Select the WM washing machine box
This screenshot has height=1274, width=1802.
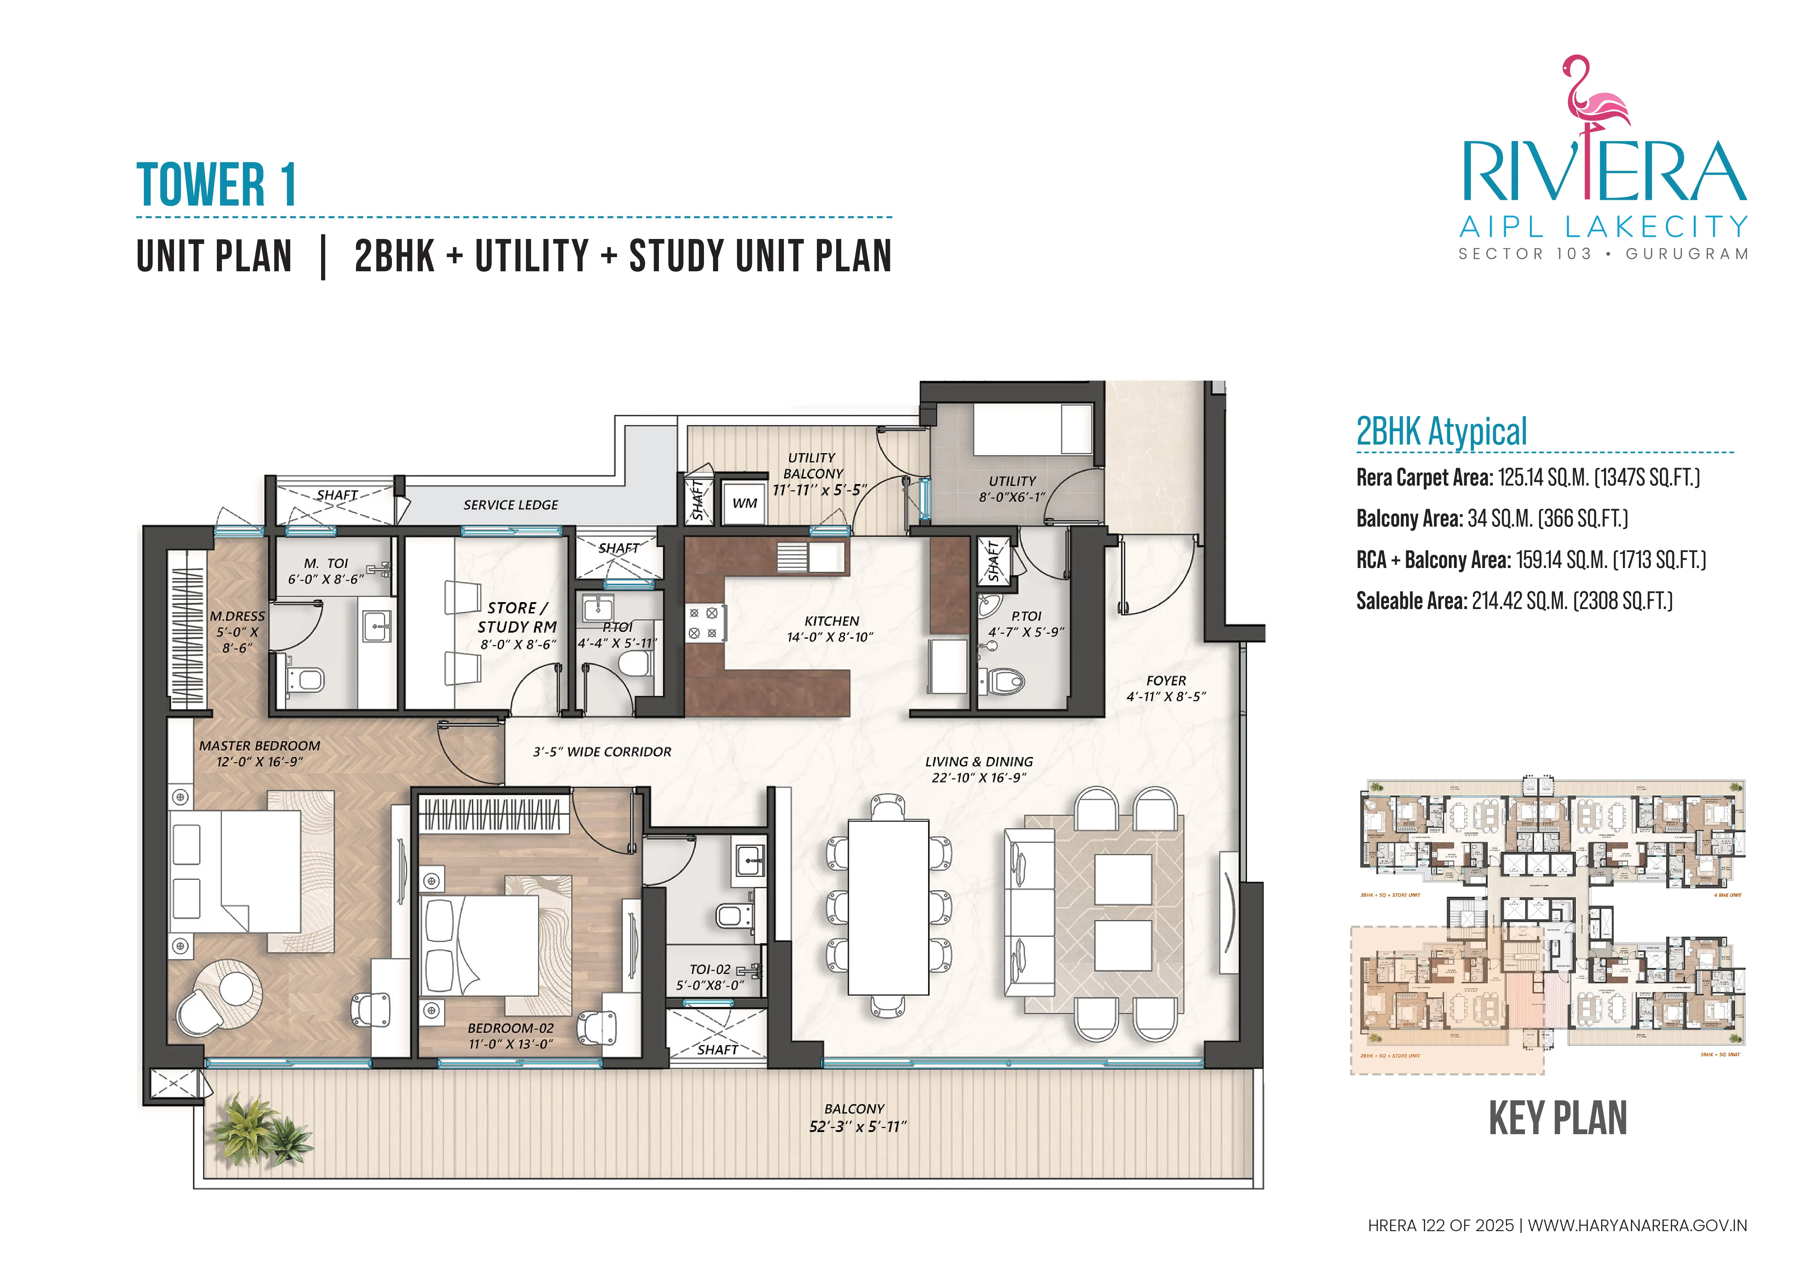[744, 503]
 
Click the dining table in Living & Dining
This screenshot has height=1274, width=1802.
[888, 907]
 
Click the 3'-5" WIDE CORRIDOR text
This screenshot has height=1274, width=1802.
[602, 751]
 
